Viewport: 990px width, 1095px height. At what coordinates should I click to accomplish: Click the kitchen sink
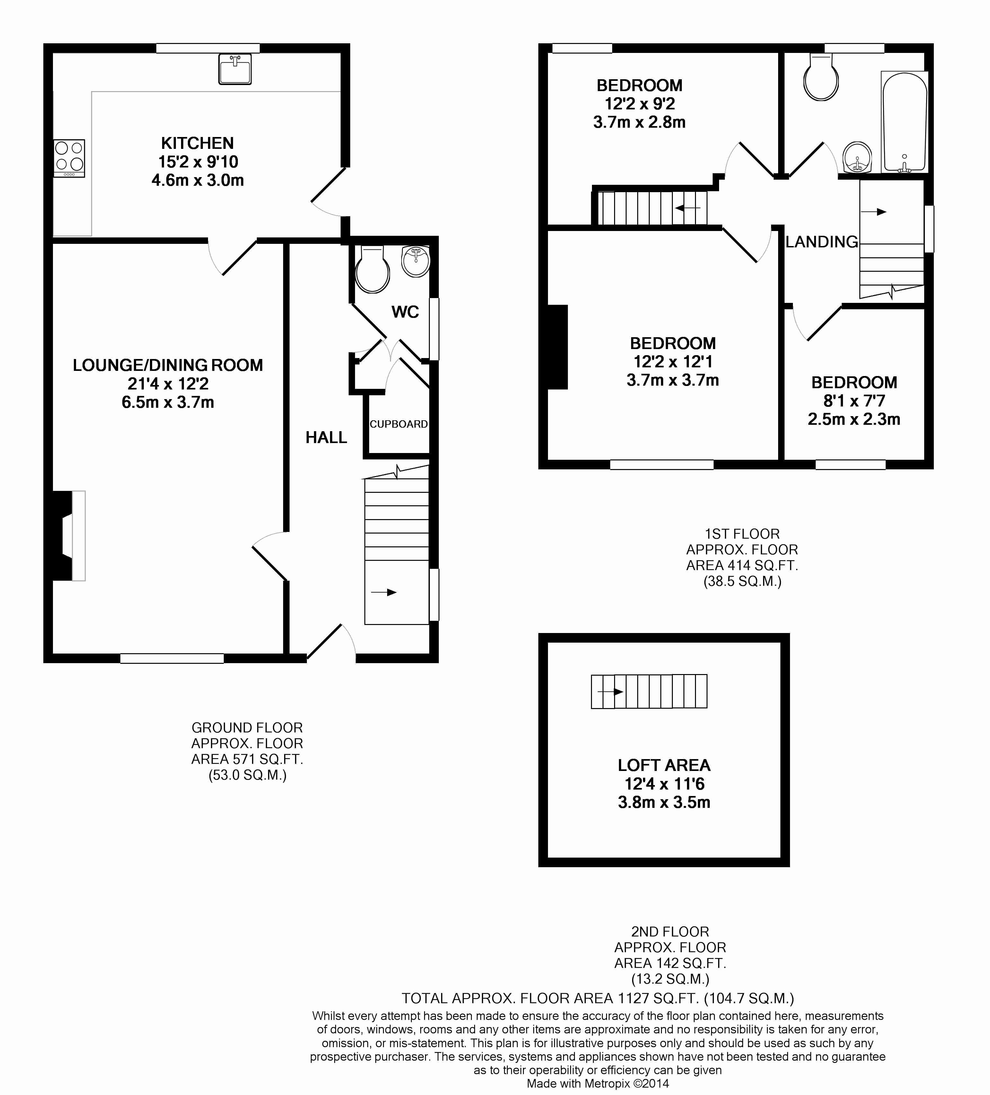[235, 69]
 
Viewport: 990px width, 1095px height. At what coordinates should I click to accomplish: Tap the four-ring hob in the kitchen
[69, 158]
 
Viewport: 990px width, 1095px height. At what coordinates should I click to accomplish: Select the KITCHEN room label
[197, 143]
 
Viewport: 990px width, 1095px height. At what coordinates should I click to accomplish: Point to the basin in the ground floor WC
[416, 261]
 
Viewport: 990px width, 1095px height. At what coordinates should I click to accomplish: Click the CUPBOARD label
[399, 424]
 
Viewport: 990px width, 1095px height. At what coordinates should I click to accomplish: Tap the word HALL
[326, 437]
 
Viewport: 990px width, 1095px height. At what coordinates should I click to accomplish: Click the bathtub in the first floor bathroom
[904, 122]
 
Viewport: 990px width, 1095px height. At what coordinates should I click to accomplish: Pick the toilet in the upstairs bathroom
[821, 77]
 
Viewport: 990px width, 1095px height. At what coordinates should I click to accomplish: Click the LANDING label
[821, 242]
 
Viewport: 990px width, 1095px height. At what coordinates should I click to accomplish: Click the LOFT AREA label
[664, 765]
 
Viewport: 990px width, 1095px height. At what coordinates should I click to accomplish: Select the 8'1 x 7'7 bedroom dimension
[854, 401]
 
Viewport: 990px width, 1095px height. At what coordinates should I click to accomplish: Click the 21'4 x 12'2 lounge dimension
[168, 384]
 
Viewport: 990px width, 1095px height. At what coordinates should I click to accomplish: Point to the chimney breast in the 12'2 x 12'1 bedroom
[558, 347]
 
